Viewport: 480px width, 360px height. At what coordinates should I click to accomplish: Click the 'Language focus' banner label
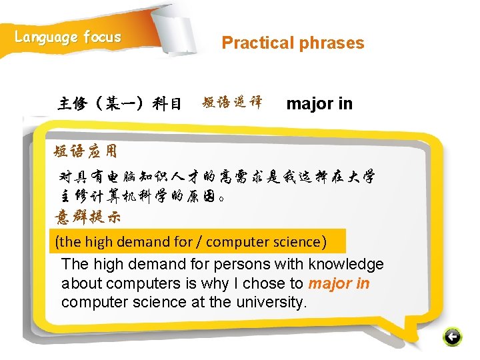[x=68, y=37]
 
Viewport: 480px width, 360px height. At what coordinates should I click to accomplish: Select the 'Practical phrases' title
[x=293, y=43]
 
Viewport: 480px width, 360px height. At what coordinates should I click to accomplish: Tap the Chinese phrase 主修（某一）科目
[x=120, y=104]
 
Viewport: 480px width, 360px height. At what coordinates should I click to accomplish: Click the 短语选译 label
[x=232, y=103]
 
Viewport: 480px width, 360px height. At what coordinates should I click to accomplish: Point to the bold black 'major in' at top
[x=319, y=104]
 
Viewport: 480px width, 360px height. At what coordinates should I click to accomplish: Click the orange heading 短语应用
[x=85, y=151]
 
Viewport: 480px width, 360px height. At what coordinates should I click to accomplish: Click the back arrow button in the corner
[x=452, y=337]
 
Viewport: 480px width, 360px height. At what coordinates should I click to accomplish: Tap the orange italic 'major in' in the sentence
[x=339, y=283]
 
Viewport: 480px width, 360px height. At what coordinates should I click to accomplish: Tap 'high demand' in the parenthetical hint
[x=110, y=241]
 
